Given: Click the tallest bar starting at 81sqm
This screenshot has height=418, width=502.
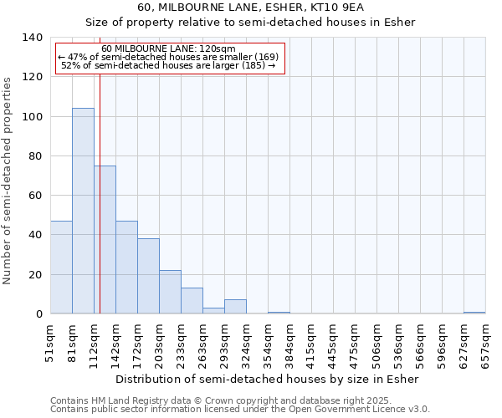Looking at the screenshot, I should click(83, 211).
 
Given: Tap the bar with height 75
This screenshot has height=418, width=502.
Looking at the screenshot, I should click(105, 240).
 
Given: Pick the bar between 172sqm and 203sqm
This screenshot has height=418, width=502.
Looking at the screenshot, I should click(148, 276).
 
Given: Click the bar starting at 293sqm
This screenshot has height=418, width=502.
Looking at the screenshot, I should click(235, 307).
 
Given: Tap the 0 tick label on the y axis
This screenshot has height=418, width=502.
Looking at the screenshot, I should click(38, 314).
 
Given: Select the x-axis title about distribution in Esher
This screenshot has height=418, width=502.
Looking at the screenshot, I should click(267, 379).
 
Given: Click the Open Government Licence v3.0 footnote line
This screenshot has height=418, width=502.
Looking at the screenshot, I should click(240, 410).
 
